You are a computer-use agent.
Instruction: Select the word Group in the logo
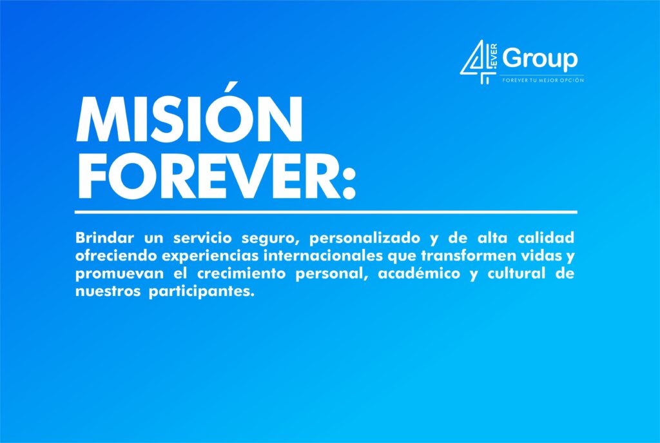pos(540,59)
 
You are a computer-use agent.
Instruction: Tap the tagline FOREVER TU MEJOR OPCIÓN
pos(543,80)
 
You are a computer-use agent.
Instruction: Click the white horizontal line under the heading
pos(325,212)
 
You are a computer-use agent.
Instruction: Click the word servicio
pos(202,238)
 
